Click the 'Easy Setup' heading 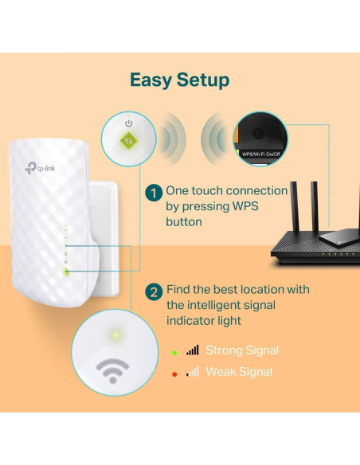(179, 80)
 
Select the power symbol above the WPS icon (128, 123)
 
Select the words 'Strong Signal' (242, 350)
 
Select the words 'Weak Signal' (239, 372)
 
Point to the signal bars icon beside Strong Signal (193, 350)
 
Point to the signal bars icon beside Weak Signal (193, 372)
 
